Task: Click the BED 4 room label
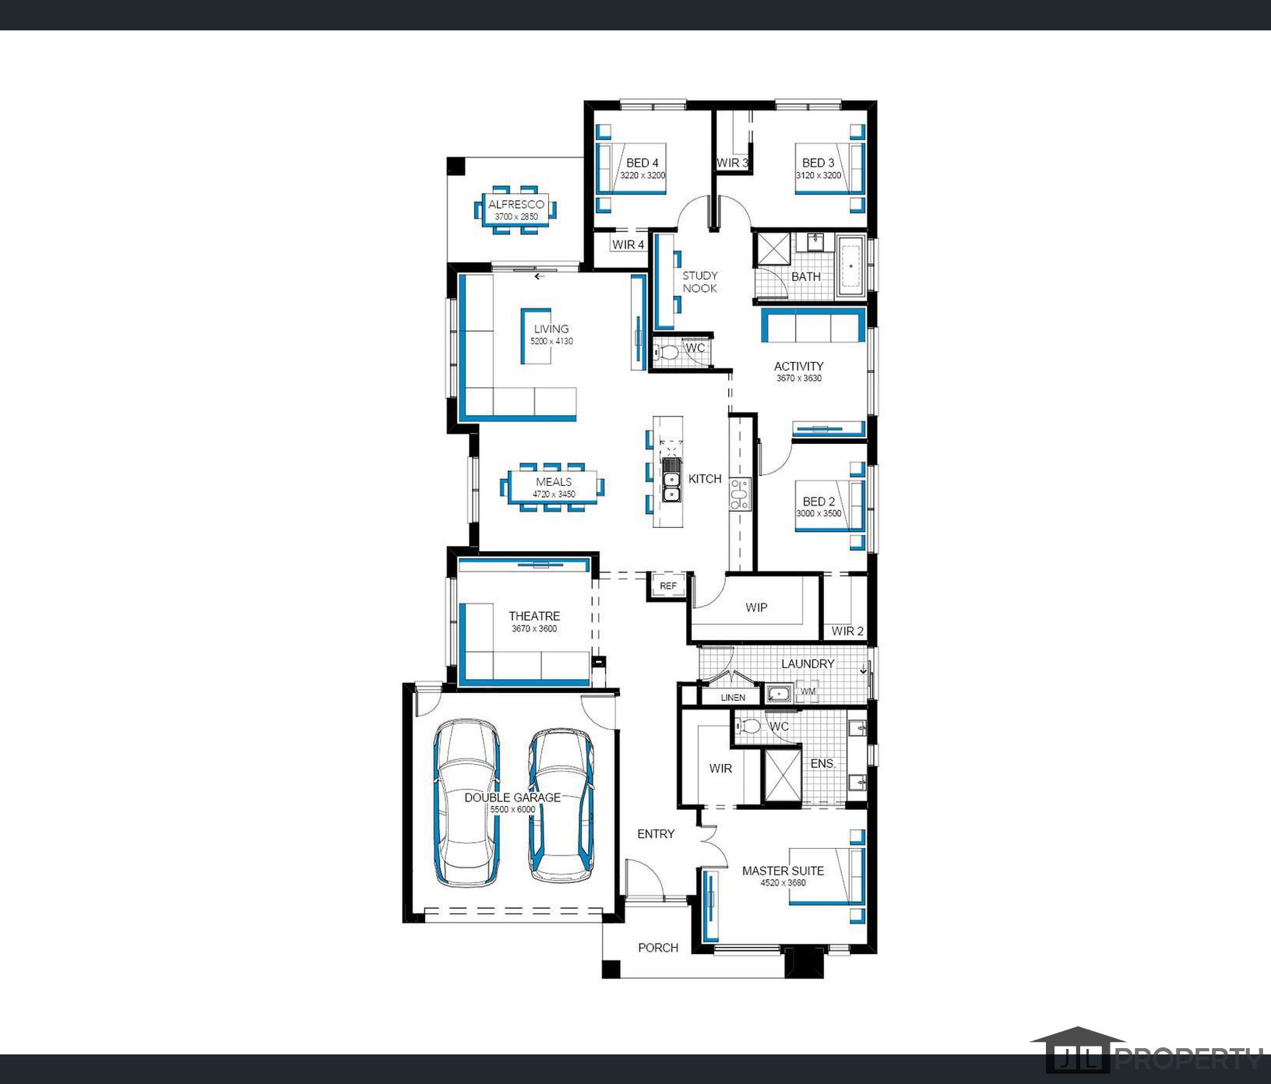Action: click(x=643, y=163)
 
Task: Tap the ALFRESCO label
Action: click(x=516, y=205)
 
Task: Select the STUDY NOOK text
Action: click(x=700, y=282)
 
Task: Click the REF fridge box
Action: click(x=668, y=586)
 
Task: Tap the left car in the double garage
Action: click(x=467, y=803)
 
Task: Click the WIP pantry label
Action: click(x=756, y=607)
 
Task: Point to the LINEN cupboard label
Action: click(x=733, y=698)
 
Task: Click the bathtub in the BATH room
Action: click(x=850, y=266)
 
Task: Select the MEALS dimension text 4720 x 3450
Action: click(x=554, y=494)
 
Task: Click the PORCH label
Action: click(x=658, y=948)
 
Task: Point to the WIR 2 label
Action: click(x=847, y=631)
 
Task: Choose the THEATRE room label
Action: click(x=534, y=616)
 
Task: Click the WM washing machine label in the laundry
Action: click(x=808, y=692)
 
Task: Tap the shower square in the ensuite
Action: click(x=782, y=776)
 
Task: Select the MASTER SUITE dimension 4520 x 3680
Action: click(x=783, y=883)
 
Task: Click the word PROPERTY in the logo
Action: click(x=1189, y=1059)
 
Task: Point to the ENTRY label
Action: click(x=656, y=834)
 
